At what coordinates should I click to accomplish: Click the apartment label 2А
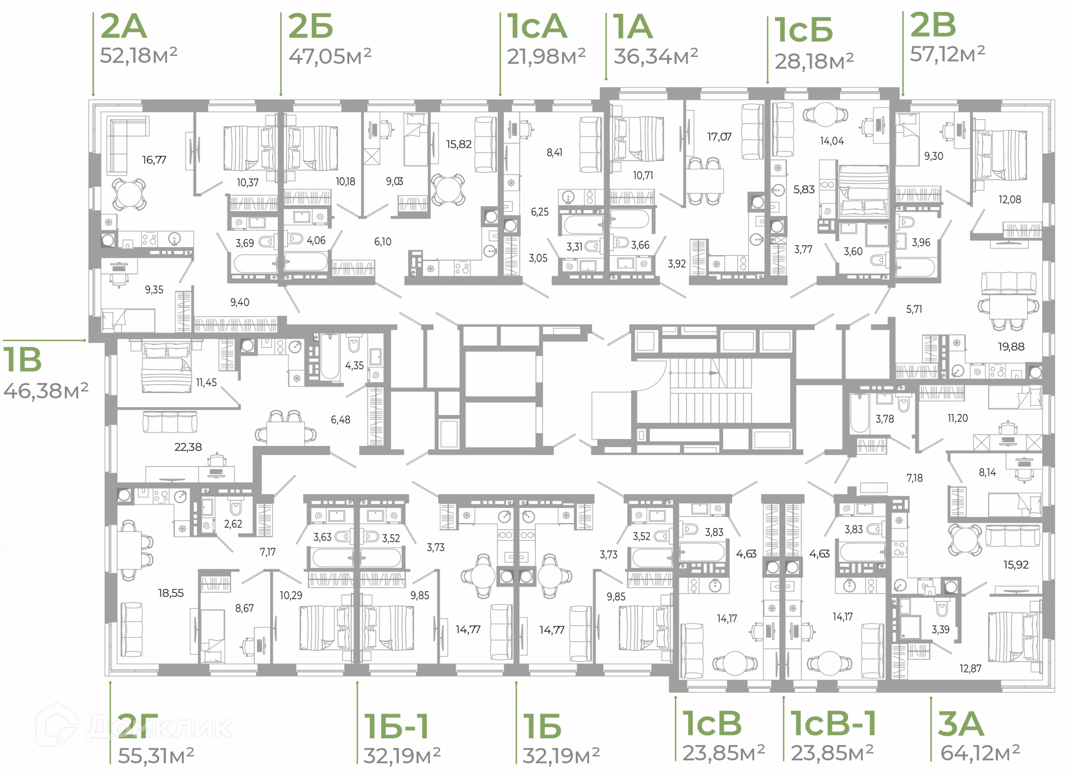click(x=124, y=26)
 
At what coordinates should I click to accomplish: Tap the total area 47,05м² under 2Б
click(x=330, y=56)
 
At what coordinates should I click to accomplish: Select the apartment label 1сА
click(x=536, y=26)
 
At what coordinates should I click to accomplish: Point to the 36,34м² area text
click(x=656, y=56)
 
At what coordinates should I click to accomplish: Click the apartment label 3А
click(x=961, y=724)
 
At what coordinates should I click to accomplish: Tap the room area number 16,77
click(x=154, y=160)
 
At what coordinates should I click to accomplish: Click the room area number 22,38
click(x=188, y=447)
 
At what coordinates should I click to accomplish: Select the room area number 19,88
click(x=1011, y=346)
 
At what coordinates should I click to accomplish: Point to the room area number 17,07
click(x=719, y=137)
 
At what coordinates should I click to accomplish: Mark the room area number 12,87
click(x=970, y=668)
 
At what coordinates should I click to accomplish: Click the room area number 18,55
click(x=170, y=593)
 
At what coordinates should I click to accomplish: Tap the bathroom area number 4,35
click(x=354, y=365)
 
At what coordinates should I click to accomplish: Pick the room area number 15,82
click(x=459, y=144)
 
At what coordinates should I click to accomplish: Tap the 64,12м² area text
click(x=980, y=753)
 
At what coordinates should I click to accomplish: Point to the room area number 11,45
click(x=206, y=382)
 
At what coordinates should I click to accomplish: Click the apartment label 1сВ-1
click(x=833, y=724)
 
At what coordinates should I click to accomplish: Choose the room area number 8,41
click(x=554, y=152)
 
